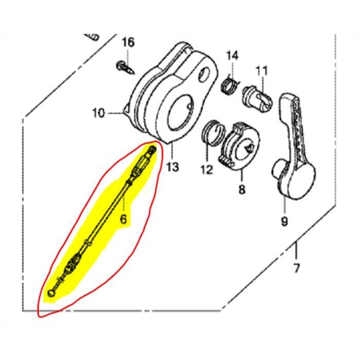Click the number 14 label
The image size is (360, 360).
pos(232,56)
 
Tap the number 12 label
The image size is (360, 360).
pos(206,169)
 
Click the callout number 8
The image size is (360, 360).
pos(241,190)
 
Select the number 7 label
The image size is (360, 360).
pos(296,268)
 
